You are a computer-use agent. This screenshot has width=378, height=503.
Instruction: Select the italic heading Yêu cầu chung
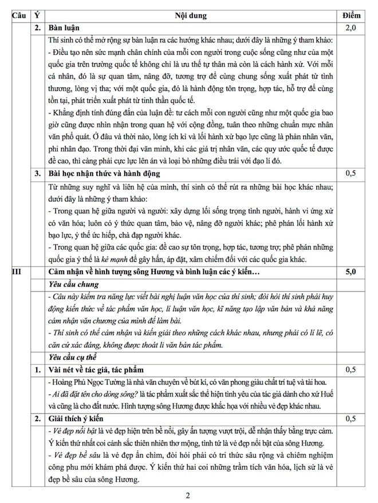point(74,284)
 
